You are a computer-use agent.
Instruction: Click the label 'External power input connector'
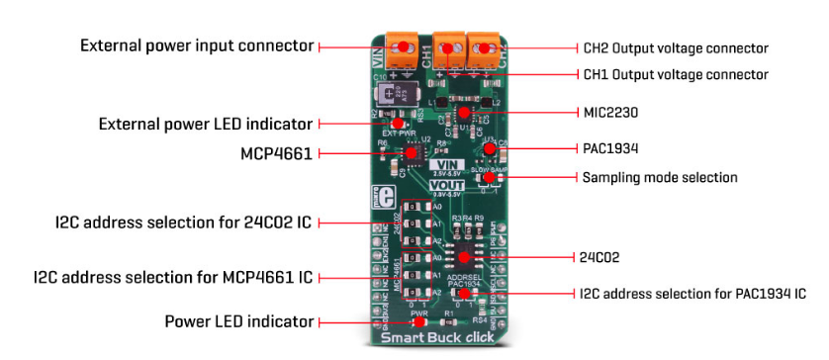[x=197, y=45]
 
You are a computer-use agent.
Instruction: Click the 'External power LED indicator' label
[x=206, y=124]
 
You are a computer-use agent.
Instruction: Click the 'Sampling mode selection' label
[x=657, y=178]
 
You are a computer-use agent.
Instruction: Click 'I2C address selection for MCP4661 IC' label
[x=173, y=278]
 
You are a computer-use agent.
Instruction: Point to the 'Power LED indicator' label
[x=239, y=321]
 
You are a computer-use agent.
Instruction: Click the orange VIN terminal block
[x=402, y=45]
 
